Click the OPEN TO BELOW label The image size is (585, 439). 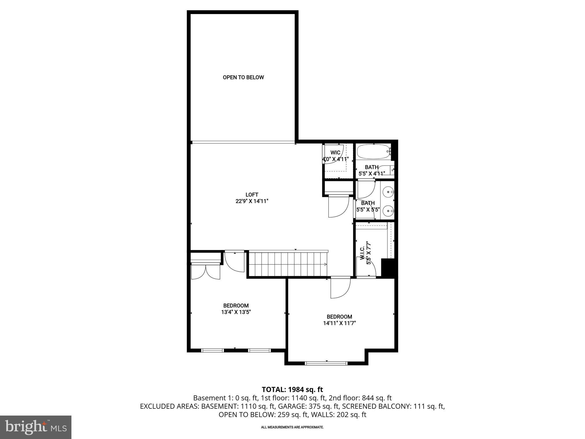click(243, 77)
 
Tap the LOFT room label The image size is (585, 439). click(252, 195)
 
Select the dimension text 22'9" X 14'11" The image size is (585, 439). click(252, 201)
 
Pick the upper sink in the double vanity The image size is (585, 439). click(389, 192)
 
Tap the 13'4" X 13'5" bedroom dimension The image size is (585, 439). click(236, 312)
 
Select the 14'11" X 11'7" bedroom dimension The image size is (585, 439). click(339, 323)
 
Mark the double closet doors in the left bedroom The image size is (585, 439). click(206, 272)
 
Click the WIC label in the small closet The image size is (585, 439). click(335, 153)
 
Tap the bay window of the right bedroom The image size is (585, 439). click(326, 363)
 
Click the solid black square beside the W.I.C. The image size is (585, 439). click(388, 267)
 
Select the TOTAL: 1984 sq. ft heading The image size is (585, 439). click(292, 389)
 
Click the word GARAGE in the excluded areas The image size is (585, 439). click(289, 406)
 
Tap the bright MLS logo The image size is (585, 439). click(36, 427)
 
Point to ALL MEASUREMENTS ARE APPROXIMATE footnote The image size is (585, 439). click(292, 427)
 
